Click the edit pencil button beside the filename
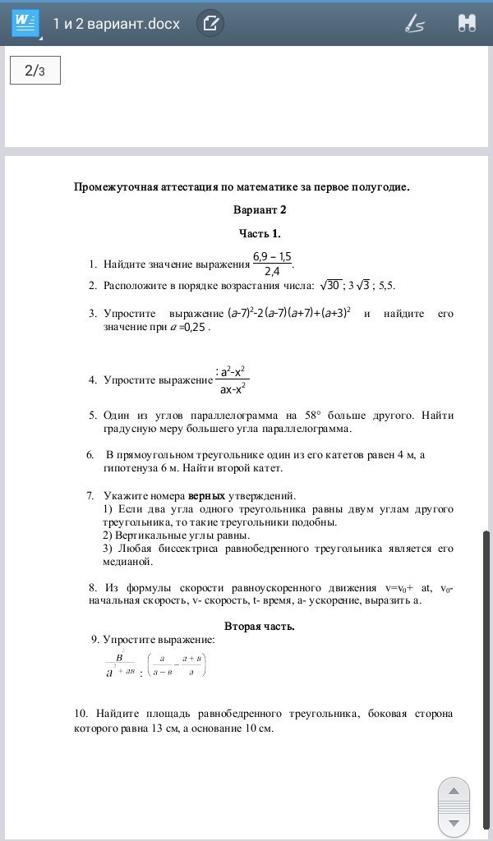tap(210, 23)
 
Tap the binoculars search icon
tap(467, 23)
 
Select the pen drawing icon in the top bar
tap(414, 23)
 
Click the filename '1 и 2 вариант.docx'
tap(116, 23)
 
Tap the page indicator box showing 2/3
tap(35, 71)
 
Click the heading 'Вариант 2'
tap(260, 209)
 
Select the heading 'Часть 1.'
tap(260, 232)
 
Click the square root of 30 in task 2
tap(330, 285)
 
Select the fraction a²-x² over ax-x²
tap(233, 379)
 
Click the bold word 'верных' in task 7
tap(206, 495)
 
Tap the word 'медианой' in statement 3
tap(128, 562)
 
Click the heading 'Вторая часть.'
tap(260, 626)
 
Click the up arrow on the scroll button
tap(454, 791)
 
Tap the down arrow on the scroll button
tap(454, 822)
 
